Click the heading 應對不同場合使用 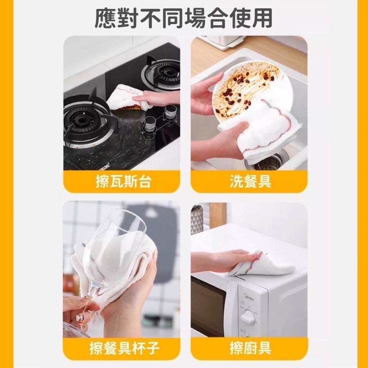click(184, 19)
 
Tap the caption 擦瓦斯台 click(123, 181)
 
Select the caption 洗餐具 click(250, 181)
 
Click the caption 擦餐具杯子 click(124, 348)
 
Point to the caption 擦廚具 click(250, 348)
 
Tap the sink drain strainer click(267, 162)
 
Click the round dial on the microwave click(248, 317)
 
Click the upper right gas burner click(164, 73)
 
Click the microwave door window click(207, 303)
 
